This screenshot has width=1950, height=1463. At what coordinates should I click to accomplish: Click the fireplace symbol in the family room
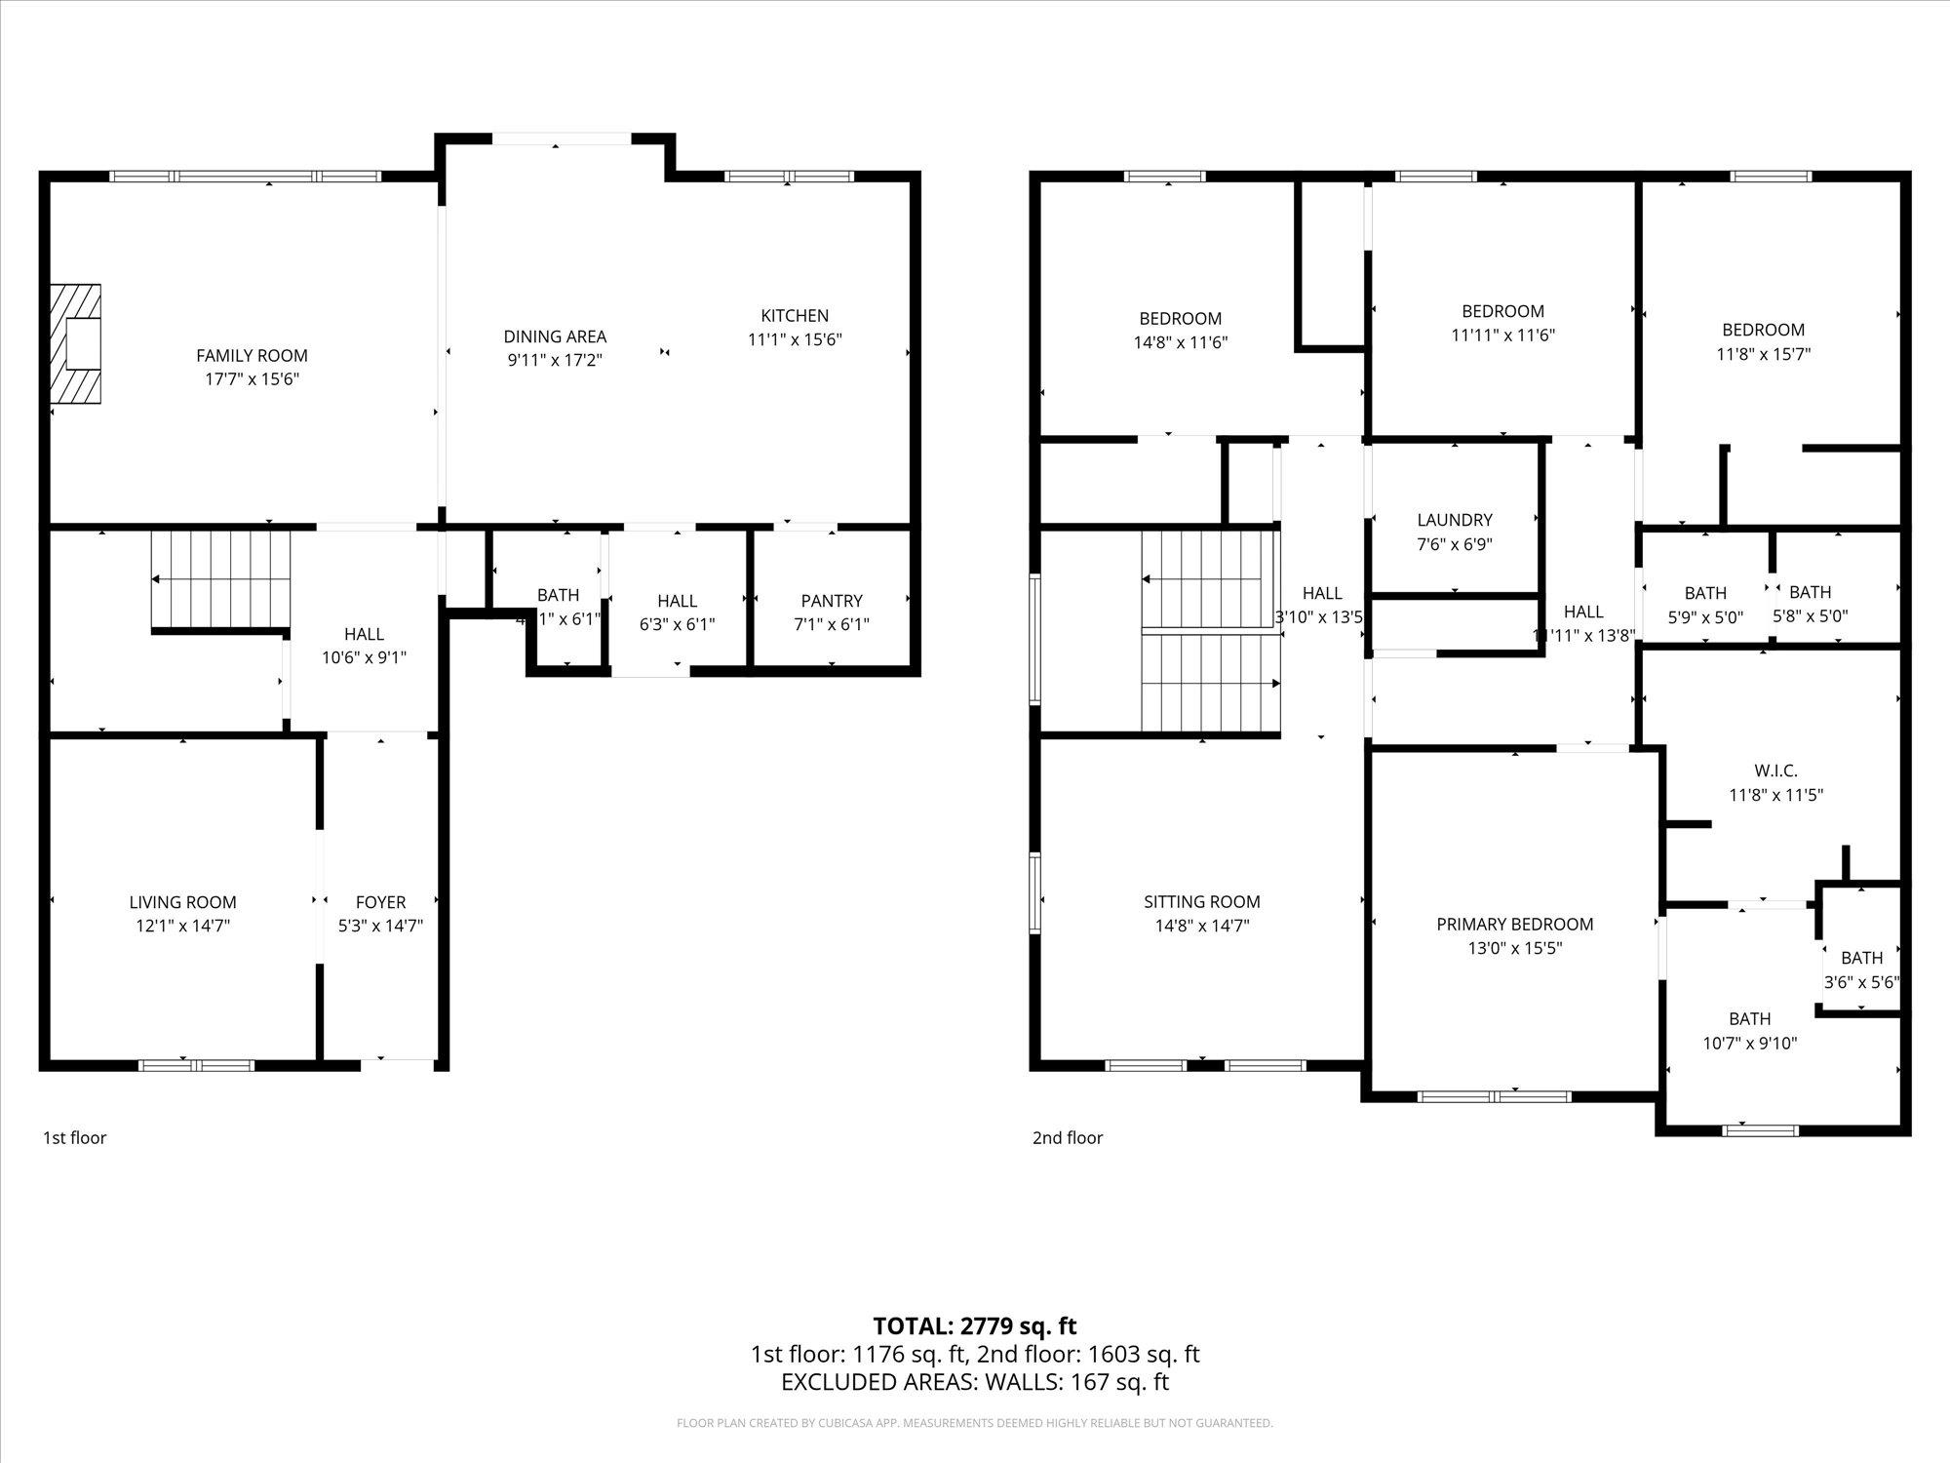[x=77, y=343]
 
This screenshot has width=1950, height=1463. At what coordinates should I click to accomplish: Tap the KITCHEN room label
[x=795, y=316]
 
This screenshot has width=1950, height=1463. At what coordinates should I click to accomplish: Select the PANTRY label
[x=832, y=601]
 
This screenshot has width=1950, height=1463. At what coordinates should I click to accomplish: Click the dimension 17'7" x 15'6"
[x=252, y=379]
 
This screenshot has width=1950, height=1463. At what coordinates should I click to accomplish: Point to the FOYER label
[x=380, y=902]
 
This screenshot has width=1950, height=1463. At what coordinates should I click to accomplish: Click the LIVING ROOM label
[x=183, y=902]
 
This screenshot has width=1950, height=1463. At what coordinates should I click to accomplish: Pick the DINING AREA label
[x=555, y=336]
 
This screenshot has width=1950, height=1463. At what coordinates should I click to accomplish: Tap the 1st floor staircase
[x=221, y=581]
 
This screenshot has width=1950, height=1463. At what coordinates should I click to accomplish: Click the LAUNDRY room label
[x=1455, y=520]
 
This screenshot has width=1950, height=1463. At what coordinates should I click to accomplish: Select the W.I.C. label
[x=1775, y=771]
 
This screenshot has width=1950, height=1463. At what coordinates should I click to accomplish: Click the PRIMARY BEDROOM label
[x=1514, y=924]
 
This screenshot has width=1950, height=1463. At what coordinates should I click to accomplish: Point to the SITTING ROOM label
[x=1202, y=902]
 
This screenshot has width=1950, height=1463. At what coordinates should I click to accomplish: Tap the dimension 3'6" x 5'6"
[x=1861, y=982]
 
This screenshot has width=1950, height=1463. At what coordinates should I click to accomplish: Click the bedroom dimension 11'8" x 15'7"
[x=1763, y=354]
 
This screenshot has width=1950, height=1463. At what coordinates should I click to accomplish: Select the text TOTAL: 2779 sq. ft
[x=974, y=1326]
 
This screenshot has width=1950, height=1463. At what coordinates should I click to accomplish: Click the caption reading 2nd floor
[x=1068, y=1137]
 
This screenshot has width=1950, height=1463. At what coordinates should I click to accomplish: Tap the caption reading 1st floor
[x=75, y=1137]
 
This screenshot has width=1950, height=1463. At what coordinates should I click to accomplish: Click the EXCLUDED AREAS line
[x=974, y=1382]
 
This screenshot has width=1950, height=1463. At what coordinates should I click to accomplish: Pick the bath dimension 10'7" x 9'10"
[x=1750, y=1043]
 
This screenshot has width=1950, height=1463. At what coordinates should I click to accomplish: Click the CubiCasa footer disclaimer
[x=974, y=1423]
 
